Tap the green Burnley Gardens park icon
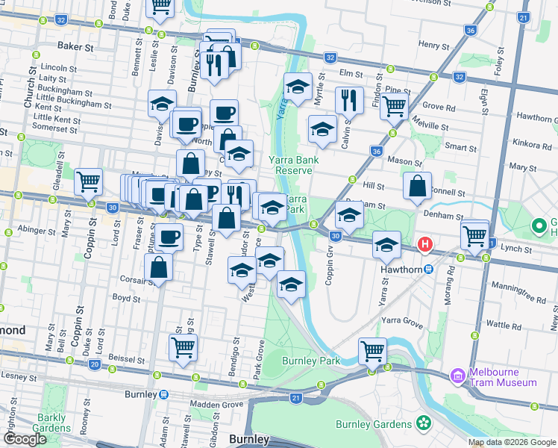(x=424, y=423)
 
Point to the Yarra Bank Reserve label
(x=293, y=165)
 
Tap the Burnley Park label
(x=311, y=361)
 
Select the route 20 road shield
(x=94, y=364)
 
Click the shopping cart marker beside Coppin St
(x=89, y=181)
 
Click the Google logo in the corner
(x=25, y=439)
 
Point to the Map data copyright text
(x=512, y=442)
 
